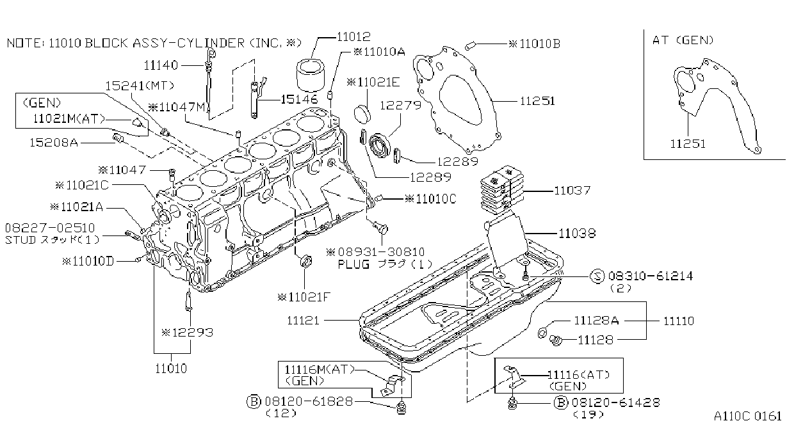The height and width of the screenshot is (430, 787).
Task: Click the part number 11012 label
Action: click(x=353, y=36)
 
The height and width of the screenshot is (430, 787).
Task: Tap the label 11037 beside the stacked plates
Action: click(x=572, y=190)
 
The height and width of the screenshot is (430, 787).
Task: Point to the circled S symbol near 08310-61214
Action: click(x=597, y=276)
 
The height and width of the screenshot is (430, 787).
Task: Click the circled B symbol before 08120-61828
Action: click(x=254, y=402)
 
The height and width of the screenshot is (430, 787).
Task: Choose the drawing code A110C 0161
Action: click(x=748, y=417)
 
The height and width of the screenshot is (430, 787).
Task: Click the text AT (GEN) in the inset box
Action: click(x=683, y=40)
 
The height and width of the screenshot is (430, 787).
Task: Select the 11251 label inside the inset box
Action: click(x=688, y=143)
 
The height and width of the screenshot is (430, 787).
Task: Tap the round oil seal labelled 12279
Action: click(x=380, y=146)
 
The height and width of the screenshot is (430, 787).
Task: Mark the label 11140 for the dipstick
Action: click(x=161, y=65)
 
